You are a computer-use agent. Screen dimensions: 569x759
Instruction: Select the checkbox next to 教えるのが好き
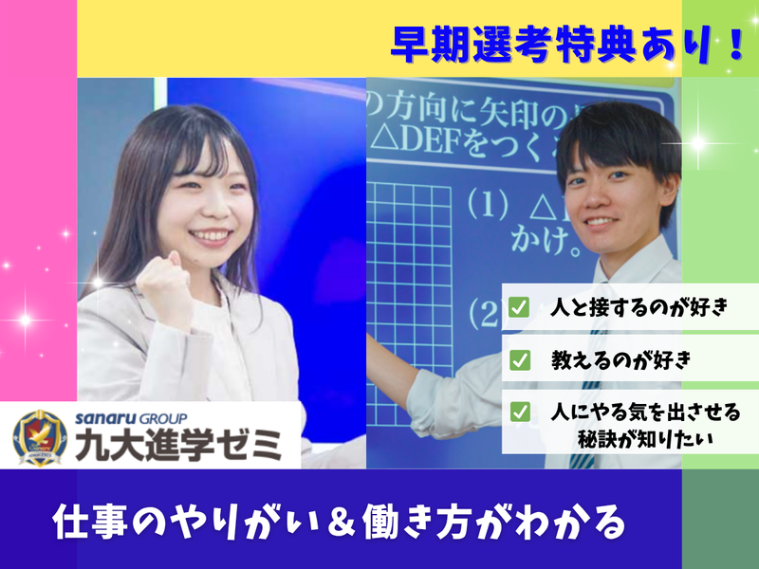pyautogui.click(x=519, y=359)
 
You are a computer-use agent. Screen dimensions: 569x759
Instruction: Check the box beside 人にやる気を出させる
pyautogui.click(x=519, y=412)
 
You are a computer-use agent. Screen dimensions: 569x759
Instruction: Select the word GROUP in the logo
pyautogui.click(x=161, y=418)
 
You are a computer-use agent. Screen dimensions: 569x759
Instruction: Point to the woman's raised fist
pyautogui.click(x=162, y=285)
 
